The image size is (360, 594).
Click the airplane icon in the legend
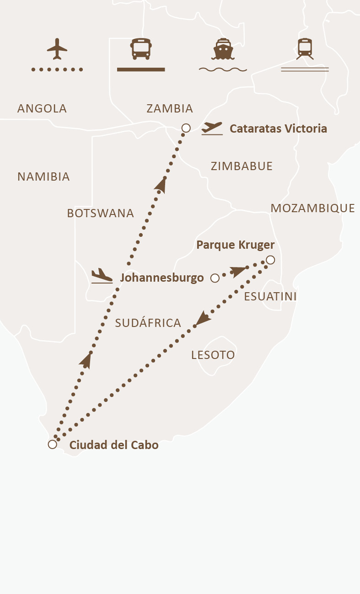(x=57, y=48)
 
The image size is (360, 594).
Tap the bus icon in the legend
(x=141, y=48)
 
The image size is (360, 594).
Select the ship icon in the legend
(x=223, y=49)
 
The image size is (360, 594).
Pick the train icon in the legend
(x=305, y=48)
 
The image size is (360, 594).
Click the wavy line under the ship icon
(x=223, y=70)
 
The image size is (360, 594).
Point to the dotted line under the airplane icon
(x=57, y=70)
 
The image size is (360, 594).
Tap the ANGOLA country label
(x=42, y=109)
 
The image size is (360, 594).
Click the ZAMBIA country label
(x=170, y=109)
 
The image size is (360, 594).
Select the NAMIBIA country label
(x=43, y=177)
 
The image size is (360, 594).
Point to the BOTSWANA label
(x=101, y=213)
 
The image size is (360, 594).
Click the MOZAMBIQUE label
(x=313, y=209)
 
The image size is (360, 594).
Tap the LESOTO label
(x=213, y=355)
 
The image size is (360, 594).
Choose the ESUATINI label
(x=270, y=296)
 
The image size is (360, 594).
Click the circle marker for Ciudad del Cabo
(x=53, y=444)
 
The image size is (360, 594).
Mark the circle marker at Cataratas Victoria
(x=186, y=128)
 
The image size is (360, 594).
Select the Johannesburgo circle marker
(x=215, y=278)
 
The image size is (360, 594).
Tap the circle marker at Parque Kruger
(x=270, y=260)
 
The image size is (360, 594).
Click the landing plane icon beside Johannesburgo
(x=102, y=276)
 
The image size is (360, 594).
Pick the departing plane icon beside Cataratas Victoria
(x=212, y=128)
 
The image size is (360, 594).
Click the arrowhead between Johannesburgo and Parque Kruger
(x=239, y=271)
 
